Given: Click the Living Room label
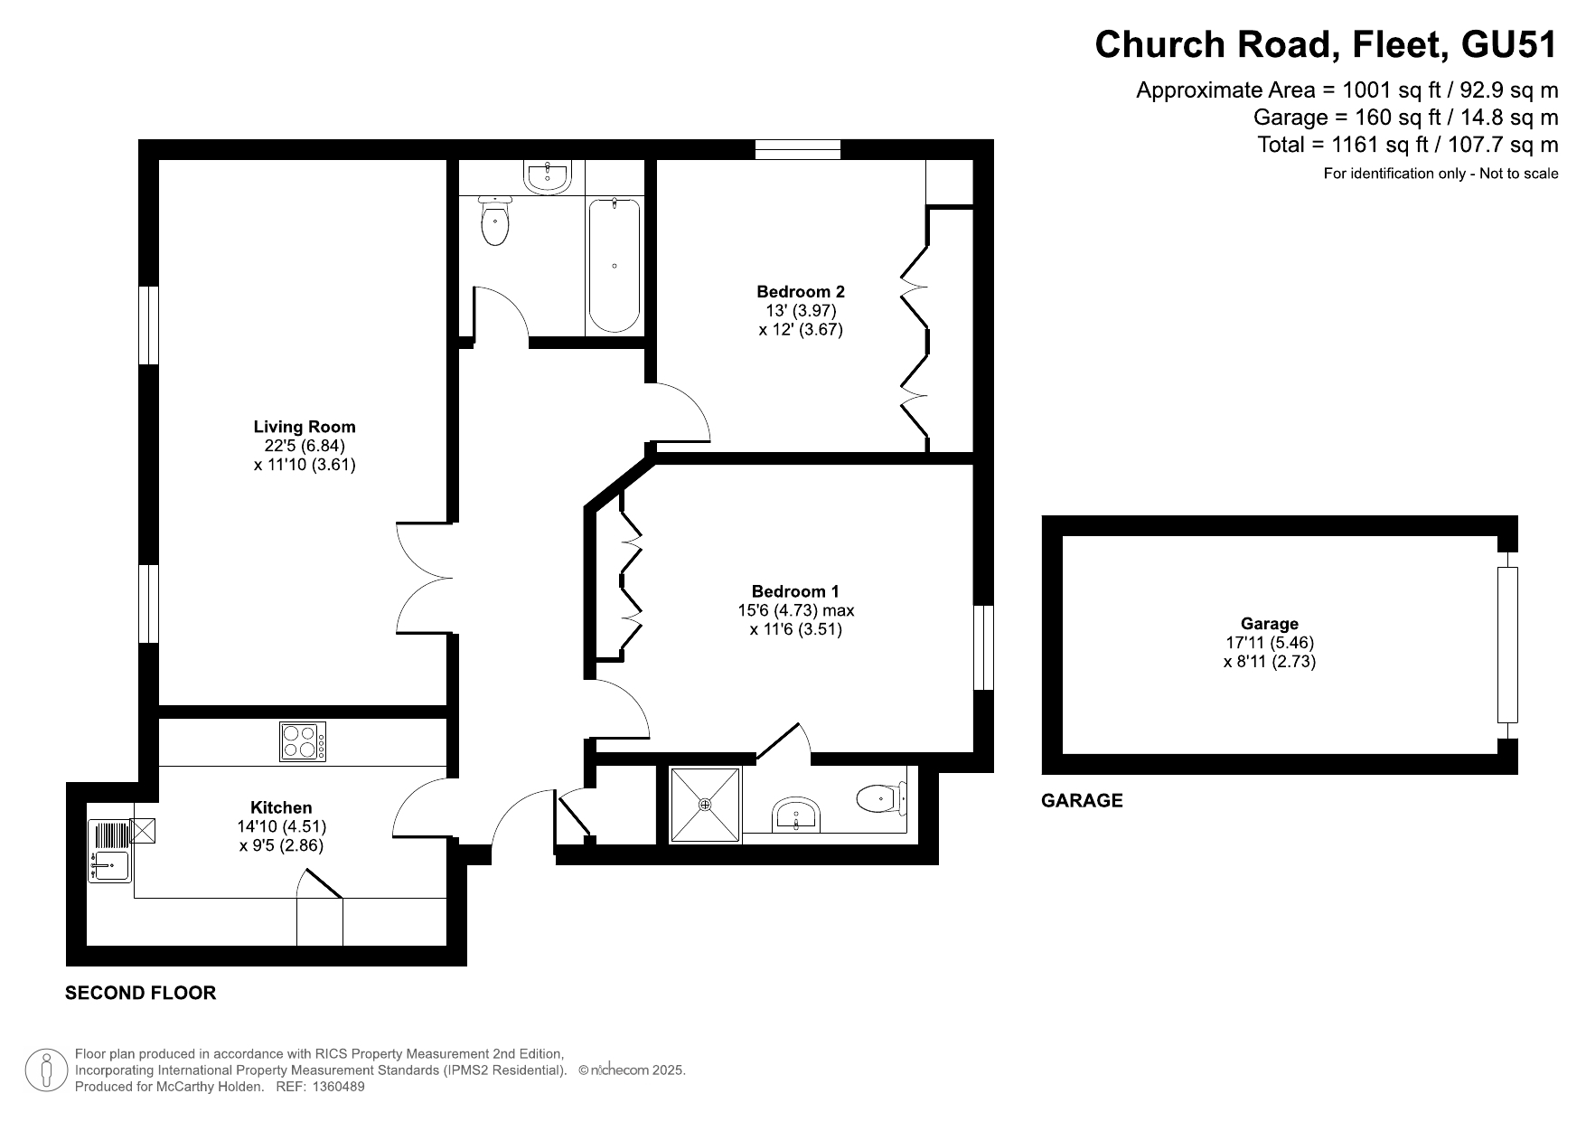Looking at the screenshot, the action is [x=305, y=427].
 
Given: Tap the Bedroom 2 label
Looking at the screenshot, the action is [x=801, y=291].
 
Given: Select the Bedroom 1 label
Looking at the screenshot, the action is [x=795, y=591].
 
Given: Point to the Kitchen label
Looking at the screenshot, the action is [x=281, y=807].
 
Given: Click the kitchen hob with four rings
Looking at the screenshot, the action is [x=303, y=741].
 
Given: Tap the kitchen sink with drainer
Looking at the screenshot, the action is [x=110, y=851].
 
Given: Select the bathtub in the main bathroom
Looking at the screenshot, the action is [x=615, y=266].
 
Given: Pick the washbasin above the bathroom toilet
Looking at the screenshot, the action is [x=548, y=177].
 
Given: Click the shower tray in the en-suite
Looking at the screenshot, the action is [x=705, y=805].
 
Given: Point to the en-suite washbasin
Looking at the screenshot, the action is [x=796, y=815].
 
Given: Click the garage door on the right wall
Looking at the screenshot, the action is [x=1507, y=645].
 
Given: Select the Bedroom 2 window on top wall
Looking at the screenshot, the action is [x=798, y=149].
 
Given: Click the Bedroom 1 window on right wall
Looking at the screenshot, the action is [x=983, y=647].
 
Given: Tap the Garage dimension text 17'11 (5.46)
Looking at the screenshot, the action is [x=1270, y=643].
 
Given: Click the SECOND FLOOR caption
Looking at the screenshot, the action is [x=141, y=993].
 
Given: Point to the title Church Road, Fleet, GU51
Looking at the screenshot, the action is [x=1327, y=44].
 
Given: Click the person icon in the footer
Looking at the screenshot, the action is [x=47, y=1070].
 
